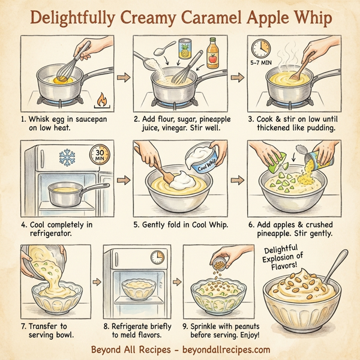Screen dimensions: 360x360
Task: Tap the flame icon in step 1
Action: [101, 97]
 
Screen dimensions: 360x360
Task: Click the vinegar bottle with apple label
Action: [212, 52]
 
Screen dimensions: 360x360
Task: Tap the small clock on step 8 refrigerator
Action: [157, 256]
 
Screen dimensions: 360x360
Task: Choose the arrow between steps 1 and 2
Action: [122, 77]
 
